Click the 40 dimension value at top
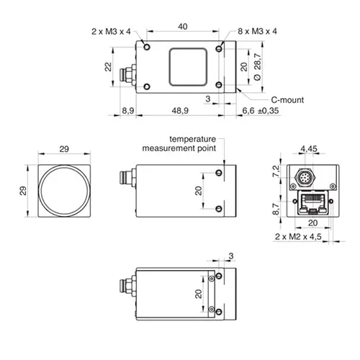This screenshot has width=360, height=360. [183, 27]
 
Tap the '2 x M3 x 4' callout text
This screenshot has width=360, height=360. [111, 32]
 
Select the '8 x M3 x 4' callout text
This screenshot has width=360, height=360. [257, 31]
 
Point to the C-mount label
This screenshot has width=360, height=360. [287, 100]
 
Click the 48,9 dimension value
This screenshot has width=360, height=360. [180, 111]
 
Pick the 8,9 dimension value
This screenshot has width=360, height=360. [128, 111]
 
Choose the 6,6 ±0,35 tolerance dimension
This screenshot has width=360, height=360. [261, 111]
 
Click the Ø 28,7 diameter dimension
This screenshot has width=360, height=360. [257, 67]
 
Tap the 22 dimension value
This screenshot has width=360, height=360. [108, 67]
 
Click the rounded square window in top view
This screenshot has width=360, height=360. [188, 67]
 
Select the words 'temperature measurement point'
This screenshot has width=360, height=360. [179, 143]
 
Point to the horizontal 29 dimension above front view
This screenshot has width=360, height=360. [64, 149]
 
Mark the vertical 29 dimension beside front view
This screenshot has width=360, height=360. [23, 191]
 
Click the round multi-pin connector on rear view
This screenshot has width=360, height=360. [305, 178]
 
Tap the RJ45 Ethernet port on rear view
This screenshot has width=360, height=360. [312, 202]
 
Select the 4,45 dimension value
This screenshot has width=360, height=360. [309, 149]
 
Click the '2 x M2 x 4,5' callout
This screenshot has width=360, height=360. [298, 237]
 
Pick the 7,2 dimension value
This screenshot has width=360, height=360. [276, 171]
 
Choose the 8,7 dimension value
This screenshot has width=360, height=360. [276, 209]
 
